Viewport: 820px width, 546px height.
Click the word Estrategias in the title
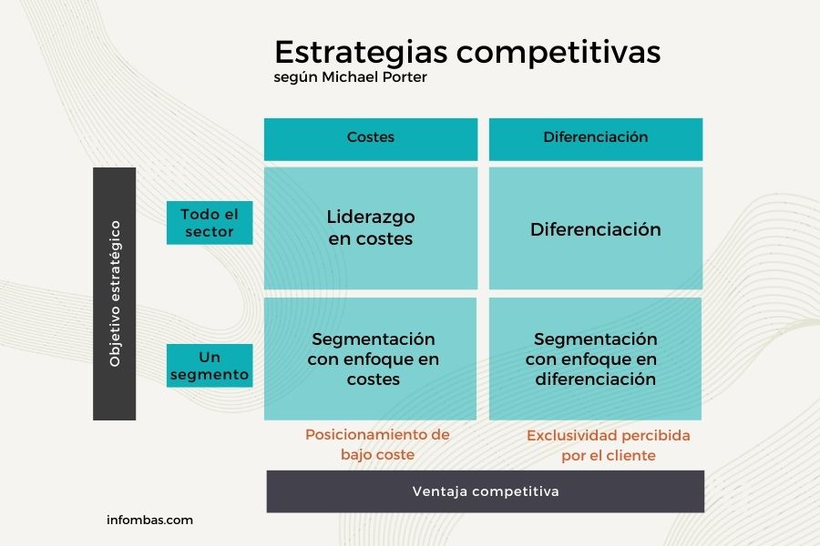(x=361, y=53)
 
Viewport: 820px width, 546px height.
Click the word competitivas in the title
(x=559, y=53)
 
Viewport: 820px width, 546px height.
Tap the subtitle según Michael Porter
(x=351, y=77)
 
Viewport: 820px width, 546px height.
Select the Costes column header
(x=371, y=139)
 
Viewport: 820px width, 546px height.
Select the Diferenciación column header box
(x=596, y=139)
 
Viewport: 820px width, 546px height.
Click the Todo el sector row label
(x=210, y=223)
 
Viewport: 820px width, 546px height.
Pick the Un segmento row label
(x=210, y=365)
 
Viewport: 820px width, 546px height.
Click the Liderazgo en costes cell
(x=371, y=227)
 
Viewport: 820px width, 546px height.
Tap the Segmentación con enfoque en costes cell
(x=370, y=359)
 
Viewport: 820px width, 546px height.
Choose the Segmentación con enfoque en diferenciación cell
(x=595, y=359)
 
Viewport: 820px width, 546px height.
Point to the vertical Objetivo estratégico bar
(x=115, y=294)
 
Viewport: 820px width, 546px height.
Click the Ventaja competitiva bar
(x=486, y=491)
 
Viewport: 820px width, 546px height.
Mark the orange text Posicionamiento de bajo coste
(x=377, y=444)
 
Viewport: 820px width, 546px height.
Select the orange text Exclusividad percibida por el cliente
(x=609, y=445)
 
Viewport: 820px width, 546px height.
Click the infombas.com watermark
(x=149, y=520)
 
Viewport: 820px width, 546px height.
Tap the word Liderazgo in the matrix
(x=371, y=217)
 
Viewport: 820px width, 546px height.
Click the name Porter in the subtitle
(x=405, y=76)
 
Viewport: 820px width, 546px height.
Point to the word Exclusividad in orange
(x=572, y=435)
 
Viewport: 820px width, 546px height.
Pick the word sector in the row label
(x=210, y=231)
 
